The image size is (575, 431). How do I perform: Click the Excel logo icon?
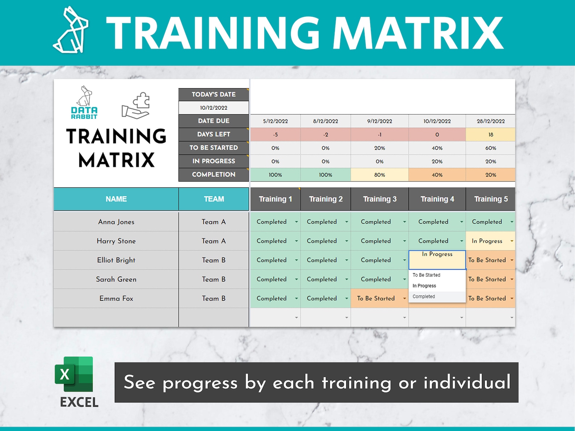coord(74,374)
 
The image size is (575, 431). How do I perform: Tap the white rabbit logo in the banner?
coord(71,30)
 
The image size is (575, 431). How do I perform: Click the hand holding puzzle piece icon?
coord(137,106)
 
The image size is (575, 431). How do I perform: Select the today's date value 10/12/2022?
coord(214,108)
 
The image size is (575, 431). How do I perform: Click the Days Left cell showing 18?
coord(491,135)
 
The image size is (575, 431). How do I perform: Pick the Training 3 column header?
coord(379,199)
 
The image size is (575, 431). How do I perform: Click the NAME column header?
coord(116,199)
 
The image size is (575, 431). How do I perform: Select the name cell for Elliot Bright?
coord(116,260)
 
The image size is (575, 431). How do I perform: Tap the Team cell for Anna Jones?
coord(214,222)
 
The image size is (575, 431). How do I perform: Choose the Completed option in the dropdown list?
coord(424,297)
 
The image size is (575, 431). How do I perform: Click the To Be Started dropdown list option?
coord(426,275)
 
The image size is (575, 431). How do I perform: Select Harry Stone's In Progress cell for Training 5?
coord(487,241)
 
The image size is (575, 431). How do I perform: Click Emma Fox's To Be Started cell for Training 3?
coord(376,299)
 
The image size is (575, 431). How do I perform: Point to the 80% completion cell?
coord(379,175)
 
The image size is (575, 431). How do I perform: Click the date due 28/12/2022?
coord(491,121)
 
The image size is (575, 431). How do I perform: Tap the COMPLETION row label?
coord(214,174)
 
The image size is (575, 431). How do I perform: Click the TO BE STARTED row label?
coord(214,148)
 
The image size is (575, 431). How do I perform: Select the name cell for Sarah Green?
coord(116,279)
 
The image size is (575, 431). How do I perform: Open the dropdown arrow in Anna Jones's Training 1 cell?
coord(296,222)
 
